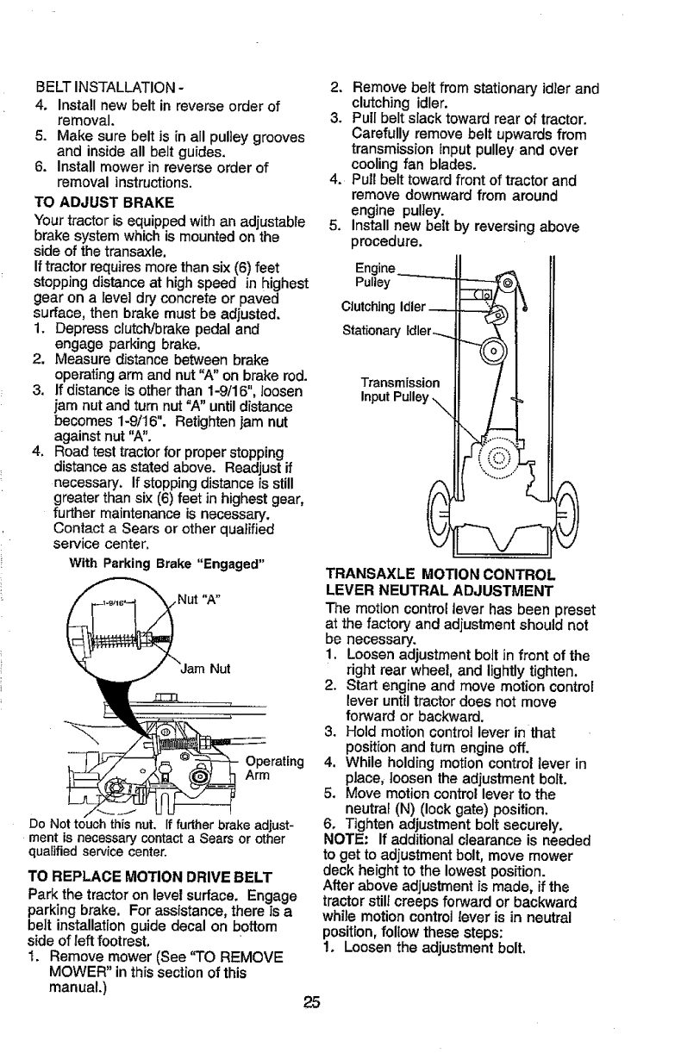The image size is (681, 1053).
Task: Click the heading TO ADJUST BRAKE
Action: [103, 202]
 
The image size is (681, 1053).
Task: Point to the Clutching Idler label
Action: [384, 305]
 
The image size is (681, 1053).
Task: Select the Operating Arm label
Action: [275, 768]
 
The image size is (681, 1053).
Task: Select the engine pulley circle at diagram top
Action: [508, 282]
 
